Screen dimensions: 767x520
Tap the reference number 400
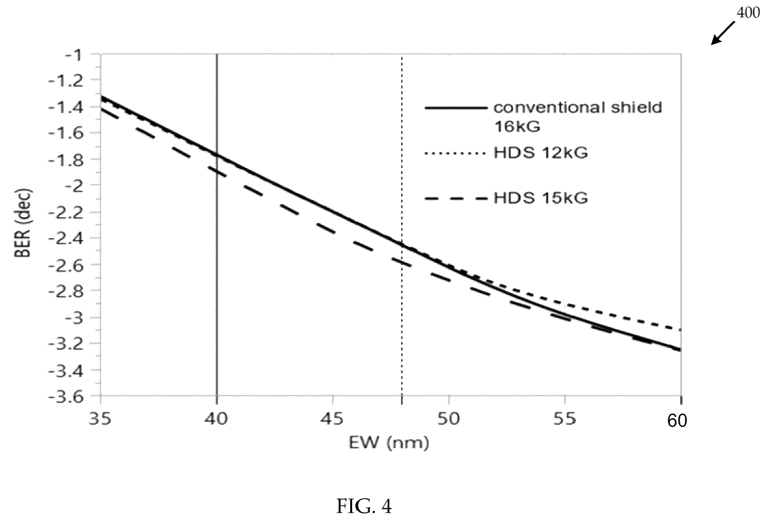748,13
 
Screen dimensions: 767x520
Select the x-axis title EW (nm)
389,443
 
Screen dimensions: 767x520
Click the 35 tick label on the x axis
100,419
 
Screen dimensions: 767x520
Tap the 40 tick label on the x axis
216,419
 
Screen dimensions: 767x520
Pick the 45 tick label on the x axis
332,419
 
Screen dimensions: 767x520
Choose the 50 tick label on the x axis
449,419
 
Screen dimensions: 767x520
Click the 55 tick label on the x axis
565,419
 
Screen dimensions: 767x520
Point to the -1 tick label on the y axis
73,55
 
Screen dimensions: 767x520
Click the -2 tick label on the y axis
73,186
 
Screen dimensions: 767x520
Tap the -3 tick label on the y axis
73,318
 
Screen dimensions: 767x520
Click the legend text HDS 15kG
540,198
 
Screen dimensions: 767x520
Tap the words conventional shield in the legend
578,108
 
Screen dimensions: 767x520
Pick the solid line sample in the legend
456,108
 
